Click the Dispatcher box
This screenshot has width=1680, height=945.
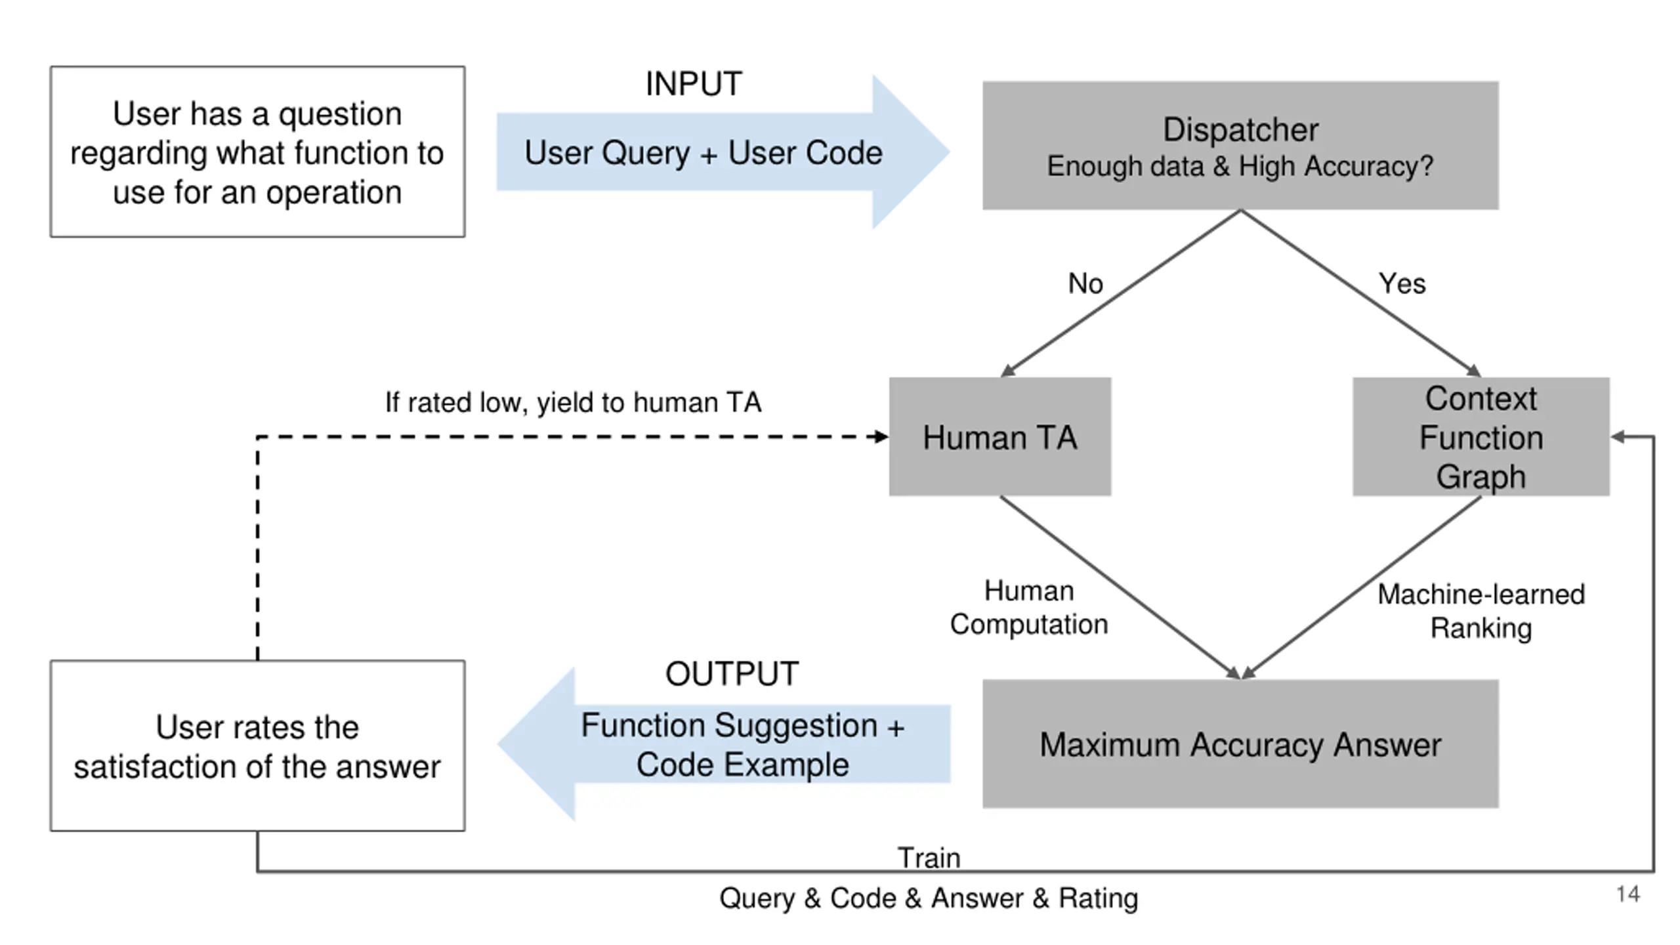pos(1240,145)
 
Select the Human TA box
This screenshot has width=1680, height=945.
pos(1000,436)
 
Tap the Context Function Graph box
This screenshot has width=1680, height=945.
pos(1481,436)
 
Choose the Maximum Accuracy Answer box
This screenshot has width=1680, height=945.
pos(1240,744)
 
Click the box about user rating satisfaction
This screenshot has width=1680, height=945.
pos(257,746)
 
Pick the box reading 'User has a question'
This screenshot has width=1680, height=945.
pos(257,152)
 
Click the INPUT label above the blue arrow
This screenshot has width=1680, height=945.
pos(694,84)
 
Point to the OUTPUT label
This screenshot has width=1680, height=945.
pos(732,674)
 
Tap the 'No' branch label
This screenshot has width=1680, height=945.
pos(1085,283)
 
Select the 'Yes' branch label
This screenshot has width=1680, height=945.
pos(1402,283)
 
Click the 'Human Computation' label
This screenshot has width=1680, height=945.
pos(1029,608)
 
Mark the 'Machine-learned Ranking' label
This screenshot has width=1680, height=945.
pos(1481,611)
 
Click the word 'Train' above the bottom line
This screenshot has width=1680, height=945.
pos(929,857)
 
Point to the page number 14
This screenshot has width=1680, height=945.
pos(1628,894)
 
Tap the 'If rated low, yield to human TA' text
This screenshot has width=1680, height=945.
pos(573,402)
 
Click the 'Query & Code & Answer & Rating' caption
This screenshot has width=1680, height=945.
pos(929,898)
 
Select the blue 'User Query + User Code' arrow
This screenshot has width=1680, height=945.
pos(722,152)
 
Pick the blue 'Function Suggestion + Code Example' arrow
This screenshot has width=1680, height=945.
pos(724,744)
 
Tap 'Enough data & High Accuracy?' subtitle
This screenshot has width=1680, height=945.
pos(1240,167)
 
